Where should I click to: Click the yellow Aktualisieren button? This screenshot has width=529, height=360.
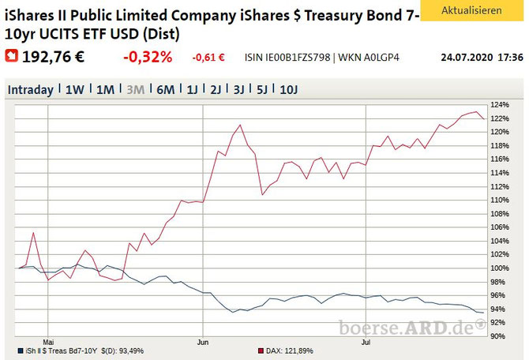click(471, 10)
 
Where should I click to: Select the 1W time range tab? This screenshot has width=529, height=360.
click(74, 90)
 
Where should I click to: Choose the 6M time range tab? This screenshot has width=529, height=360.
click(166, 90)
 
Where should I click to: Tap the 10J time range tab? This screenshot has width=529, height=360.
click(289, 90)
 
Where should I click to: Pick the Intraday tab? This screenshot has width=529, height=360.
click(30, 90)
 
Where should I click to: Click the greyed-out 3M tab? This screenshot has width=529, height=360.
click(136, 90)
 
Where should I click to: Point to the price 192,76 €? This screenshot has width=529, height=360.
click(53, 57)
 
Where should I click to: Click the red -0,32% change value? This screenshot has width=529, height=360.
click(148, 57)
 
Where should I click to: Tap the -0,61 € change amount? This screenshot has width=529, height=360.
click(208, 58)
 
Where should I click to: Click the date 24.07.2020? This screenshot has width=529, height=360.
click(467, 58)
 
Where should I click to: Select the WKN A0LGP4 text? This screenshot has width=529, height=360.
click(369, 58)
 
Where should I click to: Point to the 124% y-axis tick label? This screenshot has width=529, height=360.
click(500, 105)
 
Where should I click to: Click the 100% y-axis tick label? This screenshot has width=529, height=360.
click(500, 268)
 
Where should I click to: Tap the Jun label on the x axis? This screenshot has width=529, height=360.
click(203, 342)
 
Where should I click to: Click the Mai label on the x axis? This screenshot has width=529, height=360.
click(48, 342)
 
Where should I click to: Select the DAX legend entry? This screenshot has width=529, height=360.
click(286, 351)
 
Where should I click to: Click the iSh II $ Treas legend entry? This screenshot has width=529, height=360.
click(81, 351)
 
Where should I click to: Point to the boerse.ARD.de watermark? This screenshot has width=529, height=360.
click(412, 328)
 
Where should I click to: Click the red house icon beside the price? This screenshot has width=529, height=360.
click(12, 56)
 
